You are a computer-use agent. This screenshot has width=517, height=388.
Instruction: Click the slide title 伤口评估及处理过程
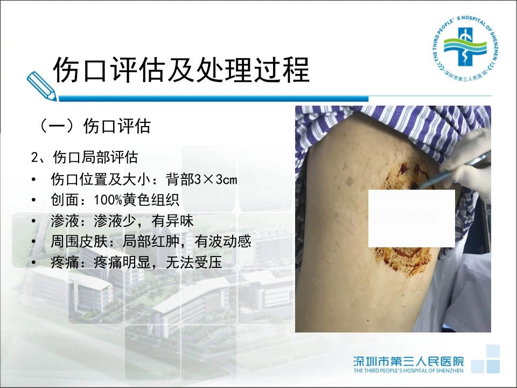click(181, 70)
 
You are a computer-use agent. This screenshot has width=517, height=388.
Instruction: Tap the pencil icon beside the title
click(41, 86)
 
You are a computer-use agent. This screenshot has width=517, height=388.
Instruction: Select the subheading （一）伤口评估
click(95, 126)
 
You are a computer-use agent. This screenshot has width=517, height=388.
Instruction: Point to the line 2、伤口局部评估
click(85, 157)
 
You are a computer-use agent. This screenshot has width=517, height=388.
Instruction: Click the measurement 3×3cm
click(215, 179)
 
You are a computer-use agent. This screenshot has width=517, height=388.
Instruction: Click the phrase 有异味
click(172, 221)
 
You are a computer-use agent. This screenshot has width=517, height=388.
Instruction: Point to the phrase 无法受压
click(194, 262)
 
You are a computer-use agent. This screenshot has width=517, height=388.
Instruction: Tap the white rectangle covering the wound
click(411, 218)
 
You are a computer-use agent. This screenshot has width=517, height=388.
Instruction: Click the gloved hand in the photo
click(468, 162)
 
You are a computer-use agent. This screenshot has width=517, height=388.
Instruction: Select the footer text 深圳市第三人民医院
click(409, 361)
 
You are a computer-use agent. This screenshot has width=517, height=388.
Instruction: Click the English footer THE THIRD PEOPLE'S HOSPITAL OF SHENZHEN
click(409, 371)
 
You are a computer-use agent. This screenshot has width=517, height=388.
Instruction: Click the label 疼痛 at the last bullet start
click(65, 262)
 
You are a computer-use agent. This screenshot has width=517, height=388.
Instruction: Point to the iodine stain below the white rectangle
click(403, 258)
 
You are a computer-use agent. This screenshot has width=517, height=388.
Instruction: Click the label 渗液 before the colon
click(65, 221)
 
